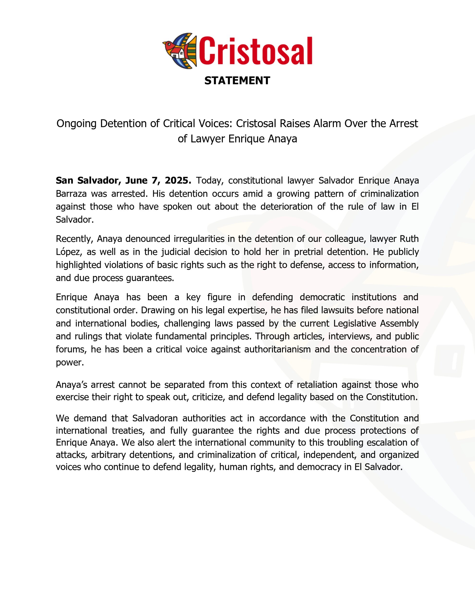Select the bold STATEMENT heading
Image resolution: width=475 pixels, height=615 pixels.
coord(237,80)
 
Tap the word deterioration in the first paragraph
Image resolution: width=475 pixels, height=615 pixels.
coord(286,207)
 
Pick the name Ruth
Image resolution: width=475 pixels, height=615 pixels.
coord(409,239)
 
